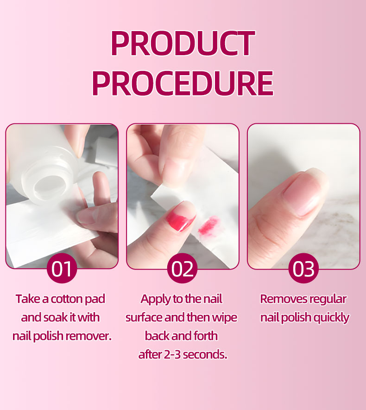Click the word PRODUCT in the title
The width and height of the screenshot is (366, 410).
[183, 43]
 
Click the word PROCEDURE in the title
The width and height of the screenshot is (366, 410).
[183, 83]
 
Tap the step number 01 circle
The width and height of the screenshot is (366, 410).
[62, 268]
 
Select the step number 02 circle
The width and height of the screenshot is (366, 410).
[183, 268]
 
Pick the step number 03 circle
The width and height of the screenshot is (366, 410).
[303, 268]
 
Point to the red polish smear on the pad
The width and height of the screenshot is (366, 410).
[208, 226]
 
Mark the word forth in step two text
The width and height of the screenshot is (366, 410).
[206, 336]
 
